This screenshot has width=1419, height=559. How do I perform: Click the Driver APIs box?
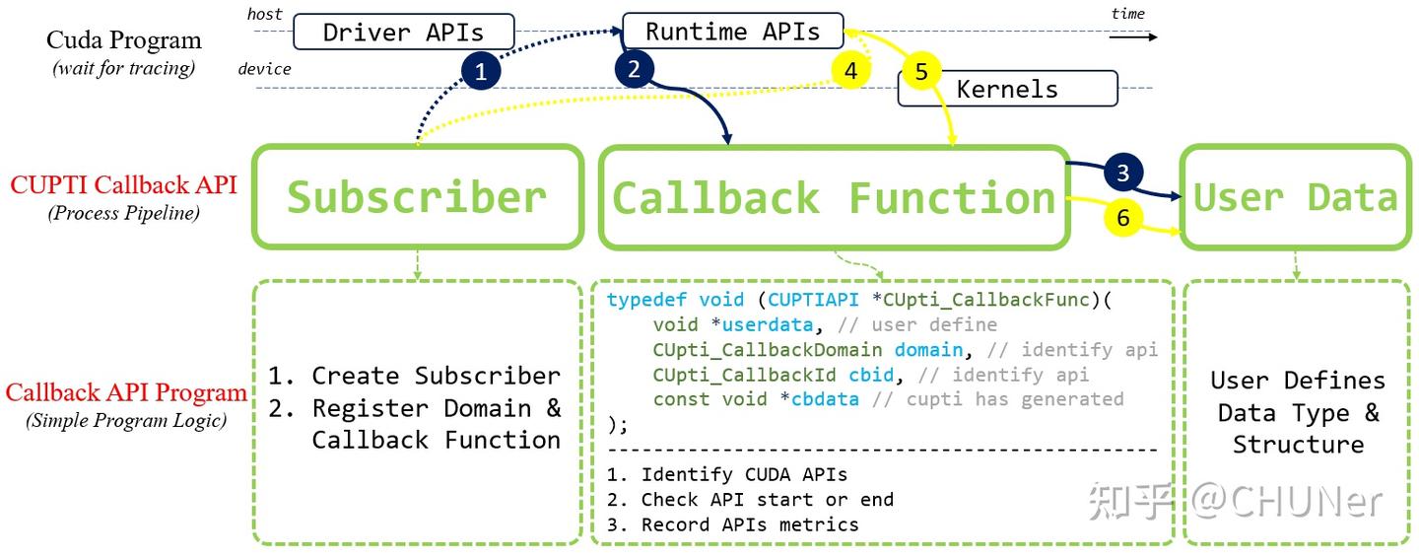[403, 32]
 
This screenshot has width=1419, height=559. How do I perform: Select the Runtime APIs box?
[732, 31]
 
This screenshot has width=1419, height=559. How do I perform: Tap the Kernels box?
[1007, 89]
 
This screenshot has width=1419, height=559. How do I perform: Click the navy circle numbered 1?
[481, 71]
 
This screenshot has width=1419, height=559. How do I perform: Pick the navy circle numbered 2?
[634, 68]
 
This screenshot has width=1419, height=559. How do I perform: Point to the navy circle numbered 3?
[1123, 174]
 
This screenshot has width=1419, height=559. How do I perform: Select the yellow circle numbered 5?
[921, 71]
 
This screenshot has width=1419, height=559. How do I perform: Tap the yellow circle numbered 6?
[1123, 218]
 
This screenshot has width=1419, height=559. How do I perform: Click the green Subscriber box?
[418, 197]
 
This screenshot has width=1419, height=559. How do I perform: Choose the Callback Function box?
[834, 198]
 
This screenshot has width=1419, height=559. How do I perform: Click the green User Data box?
[1295, 197]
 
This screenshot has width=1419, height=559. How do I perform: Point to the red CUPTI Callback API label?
[124, 184]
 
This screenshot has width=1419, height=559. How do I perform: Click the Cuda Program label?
[124, 40]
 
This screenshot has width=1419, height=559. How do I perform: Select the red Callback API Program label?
[126, 392]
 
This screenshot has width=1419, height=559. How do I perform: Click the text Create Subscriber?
[436, 376]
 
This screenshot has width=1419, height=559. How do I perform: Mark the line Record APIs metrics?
[749, 524]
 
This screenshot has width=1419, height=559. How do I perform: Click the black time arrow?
[1132, 36]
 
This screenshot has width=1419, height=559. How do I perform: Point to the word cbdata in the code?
[825, 399]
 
